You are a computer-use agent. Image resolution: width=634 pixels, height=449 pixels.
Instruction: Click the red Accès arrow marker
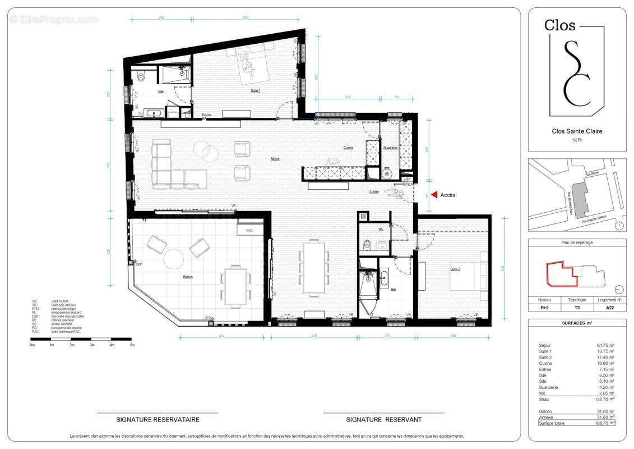(x=434, y=195)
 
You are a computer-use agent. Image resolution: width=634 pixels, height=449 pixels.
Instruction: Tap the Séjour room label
(x=275, y=159)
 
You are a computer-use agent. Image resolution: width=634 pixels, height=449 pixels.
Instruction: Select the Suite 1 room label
(x=255, y=90)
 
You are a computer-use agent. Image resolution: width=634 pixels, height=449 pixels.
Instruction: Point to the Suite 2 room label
(x=455, y=269)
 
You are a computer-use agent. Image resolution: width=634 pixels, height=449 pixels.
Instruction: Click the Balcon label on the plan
(x=188, y=277)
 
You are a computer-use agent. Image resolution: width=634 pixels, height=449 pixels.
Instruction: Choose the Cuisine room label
(x=349, y=148)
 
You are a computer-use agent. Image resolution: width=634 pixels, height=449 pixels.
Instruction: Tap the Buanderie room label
(x=390, y=148)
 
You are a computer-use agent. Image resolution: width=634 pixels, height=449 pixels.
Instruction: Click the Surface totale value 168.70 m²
(x=604, y=423)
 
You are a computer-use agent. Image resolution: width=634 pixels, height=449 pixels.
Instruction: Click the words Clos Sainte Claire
(x=577, y=131)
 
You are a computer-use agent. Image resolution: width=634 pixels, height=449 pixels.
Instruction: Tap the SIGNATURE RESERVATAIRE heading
(x=158, y=419)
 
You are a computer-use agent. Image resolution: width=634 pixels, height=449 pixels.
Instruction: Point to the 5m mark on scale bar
(x=132, y=345)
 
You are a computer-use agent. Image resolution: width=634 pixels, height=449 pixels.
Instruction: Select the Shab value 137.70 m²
(x=604, y=399)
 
